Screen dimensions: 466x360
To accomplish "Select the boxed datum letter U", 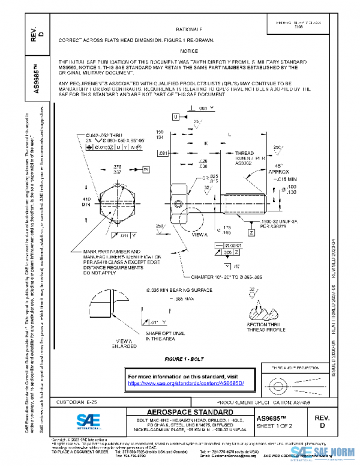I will [x=176, y=117].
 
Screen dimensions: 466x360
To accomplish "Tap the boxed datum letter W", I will [x=146, y=171].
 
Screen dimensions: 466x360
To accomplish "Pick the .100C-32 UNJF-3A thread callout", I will [x=264, y=225].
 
